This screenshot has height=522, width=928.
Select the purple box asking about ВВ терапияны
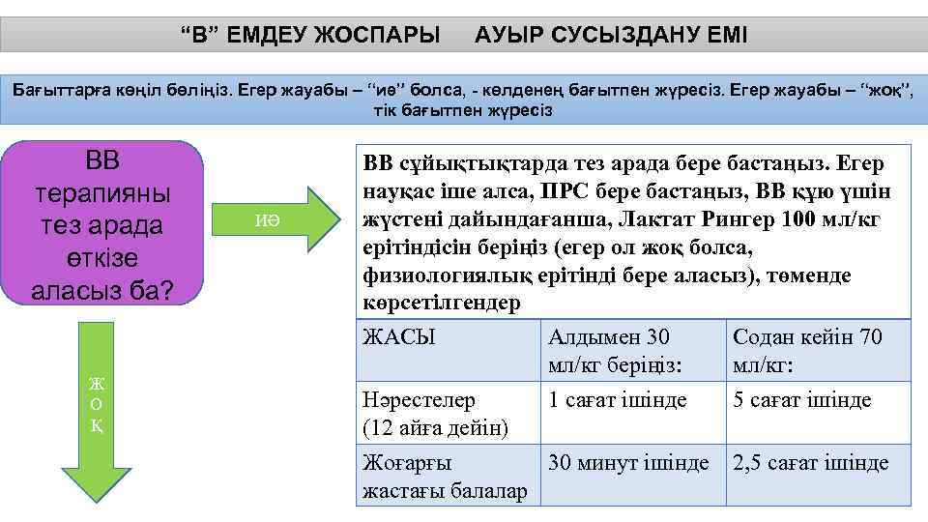[x=102, y=225]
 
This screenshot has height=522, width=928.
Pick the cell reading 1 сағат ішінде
[x=619, y=399]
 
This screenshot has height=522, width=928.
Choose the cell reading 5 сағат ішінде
[x=802, y=399]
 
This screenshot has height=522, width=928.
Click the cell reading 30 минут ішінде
[x=628, y=463]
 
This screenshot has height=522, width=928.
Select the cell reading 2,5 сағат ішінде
[x=810, y=463]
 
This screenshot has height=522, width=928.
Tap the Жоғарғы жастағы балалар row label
[x=444, y=477]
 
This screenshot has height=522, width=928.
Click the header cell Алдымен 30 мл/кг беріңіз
[x=628, y=350]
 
